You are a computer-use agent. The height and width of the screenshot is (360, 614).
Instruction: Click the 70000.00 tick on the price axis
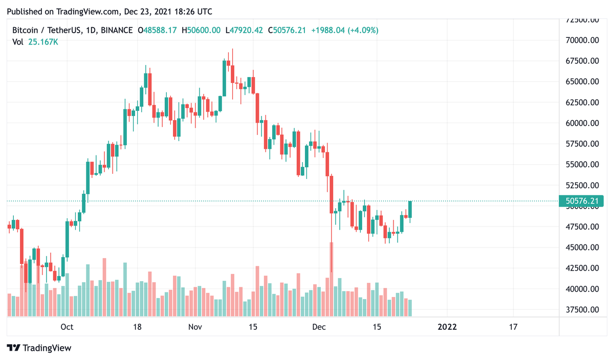(x=582, y=40)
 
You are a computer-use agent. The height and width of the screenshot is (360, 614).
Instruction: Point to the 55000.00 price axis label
(x=582, y=165)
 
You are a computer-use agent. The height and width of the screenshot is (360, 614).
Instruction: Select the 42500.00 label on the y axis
(x=582, y=268)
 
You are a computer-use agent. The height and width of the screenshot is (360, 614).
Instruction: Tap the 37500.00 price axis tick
(x=582, y=309)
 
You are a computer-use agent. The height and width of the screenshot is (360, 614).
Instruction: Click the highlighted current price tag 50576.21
(x=582, y=201)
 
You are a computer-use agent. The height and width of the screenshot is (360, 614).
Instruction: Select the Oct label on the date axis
(x=67, y=327)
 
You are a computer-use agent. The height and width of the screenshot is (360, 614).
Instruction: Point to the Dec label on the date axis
(x=319, y=327)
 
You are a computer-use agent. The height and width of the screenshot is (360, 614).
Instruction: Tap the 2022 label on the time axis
(x=447, y=327)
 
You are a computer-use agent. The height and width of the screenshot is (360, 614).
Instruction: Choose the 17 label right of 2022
(x=513, y=327)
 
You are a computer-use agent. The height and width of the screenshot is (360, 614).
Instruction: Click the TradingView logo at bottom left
(x=39, y=348)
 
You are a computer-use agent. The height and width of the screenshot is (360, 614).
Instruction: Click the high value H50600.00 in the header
(x=201, y=31)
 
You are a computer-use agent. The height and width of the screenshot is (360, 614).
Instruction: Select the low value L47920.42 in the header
(x=244, y=31)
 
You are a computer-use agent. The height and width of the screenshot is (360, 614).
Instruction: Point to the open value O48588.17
(x=157, y=31)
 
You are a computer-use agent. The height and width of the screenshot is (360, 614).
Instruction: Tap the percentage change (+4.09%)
(x=363, y=31)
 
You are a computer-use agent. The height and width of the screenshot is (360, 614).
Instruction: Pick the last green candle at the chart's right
(x=410, y=210)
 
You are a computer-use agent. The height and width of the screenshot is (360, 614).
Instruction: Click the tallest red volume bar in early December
(x=332, y=279)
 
